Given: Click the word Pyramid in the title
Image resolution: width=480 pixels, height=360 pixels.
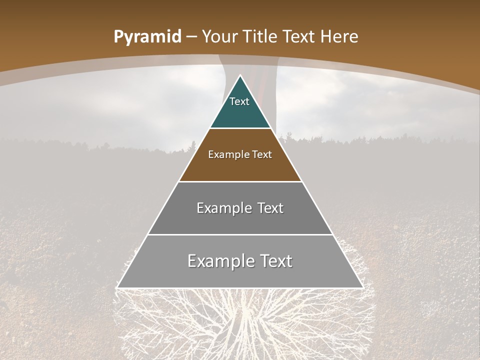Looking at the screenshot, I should coord(147,37).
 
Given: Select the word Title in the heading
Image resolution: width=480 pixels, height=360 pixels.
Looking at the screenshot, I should coord(261,37).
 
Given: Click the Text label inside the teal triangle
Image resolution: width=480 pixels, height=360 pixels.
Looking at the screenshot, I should coord(239,101).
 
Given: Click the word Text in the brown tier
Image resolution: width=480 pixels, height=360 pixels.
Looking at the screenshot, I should coord(262,155).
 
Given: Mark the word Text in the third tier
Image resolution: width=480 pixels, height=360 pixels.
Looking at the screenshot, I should coord(270,208).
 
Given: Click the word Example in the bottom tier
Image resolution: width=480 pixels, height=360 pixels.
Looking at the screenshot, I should coord(216,261).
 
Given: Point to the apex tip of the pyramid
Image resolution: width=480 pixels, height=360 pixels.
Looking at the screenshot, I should coord(240,76).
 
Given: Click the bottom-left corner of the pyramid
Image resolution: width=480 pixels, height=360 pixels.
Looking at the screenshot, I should coord(118,287).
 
